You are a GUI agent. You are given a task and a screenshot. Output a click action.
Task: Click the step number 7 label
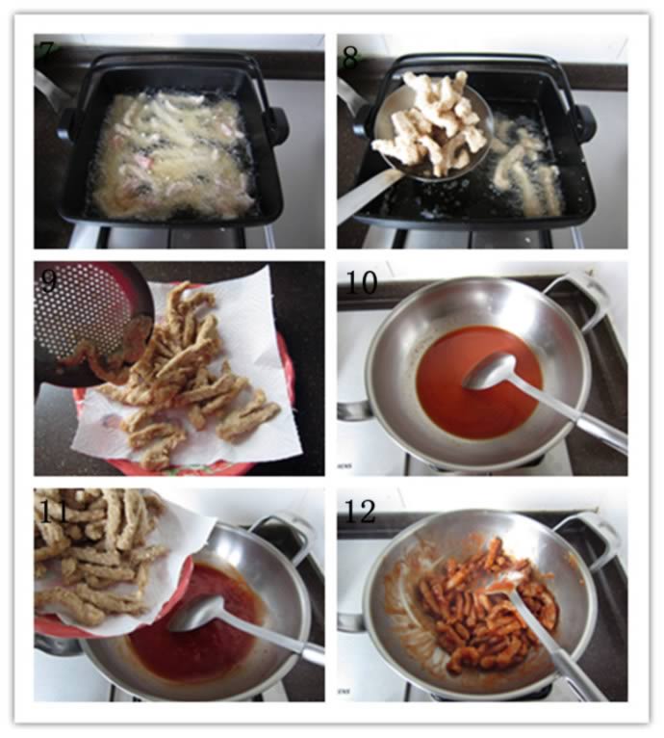tap(47, 47)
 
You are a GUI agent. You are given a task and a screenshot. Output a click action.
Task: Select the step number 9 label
tap(49, 281)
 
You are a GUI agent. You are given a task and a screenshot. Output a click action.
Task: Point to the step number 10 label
tap(361, 282)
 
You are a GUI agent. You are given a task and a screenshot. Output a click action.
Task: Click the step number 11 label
tap(55, 512)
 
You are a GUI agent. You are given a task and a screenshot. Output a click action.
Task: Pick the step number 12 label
tap(360, 512)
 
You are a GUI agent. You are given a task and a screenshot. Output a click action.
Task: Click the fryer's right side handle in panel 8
tap(584, 120)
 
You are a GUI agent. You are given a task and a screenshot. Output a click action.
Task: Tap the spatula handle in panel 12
tap(555, 649)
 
